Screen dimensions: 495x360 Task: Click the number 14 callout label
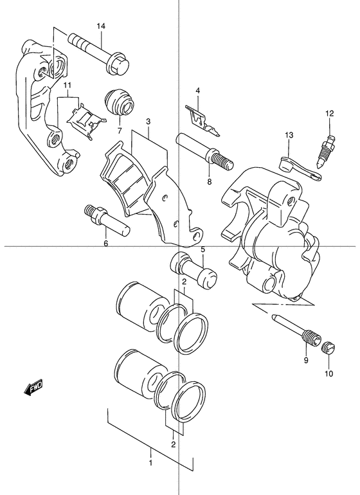click(x=101, y=26)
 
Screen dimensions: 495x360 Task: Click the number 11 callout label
click(x=66, y=85)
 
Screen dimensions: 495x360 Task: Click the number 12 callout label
click(x=330, y=114)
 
